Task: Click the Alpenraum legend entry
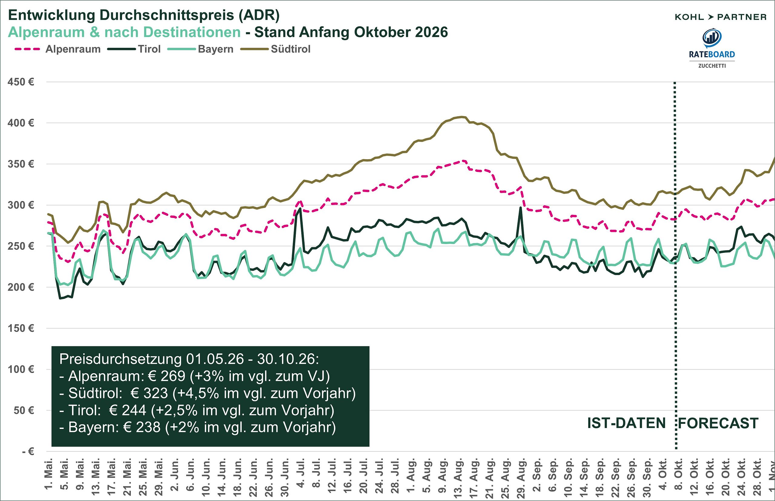point(58,49)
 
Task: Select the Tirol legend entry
point(134,49)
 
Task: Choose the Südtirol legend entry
point(275,49)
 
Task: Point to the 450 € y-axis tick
point(21,82)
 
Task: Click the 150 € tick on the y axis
point(21,328)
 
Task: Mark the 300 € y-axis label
point(21,205)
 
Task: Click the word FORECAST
point(719,423)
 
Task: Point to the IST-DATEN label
point(626,423)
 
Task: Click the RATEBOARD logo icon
point(712,38)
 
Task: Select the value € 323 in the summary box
point(149,393)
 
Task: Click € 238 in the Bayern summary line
point(142,427)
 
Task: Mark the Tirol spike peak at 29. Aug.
point(520,208)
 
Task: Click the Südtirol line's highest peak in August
point(462,117)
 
